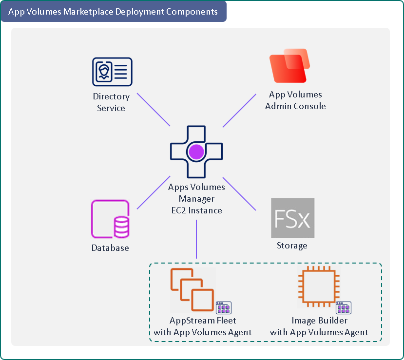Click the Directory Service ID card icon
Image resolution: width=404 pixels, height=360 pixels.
(x=112, y=72)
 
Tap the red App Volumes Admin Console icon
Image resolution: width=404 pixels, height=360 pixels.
(x=289, y=68)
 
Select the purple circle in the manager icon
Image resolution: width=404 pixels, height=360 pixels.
(x=196, y=152)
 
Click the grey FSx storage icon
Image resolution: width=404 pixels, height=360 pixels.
(x=292, y=218)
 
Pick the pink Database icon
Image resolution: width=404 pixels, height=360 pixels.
(x=110, y=220)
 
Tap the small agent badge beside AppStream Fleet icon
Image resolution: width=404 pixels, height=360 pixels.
(x=224, y=308)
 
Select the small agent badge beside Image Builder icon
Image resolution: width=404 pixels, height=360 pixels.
(x=344, y=308)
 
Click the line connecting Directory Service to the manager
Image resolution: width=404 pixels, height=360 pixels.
(x=154, y=110)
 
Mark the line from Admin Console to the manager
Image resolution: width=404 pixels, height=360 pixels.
(x=240, y=110)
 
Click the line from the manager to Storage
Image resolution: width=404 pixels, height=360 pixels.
(x=239, y=194)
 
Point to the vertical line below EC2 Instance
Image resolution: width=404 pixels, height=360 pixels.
(x=196, y=239)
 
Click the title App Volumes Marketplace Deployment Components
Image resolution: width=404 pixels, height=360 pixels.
(x=113, y=12)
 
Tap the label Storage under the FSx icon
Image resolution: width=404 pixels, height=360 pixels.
(x=292, y=246)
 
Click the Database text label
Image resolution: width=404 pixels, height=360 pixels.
(x=110, y=248)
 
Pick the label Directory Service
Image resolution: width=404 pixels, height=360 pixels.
(x=111, y=102)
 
